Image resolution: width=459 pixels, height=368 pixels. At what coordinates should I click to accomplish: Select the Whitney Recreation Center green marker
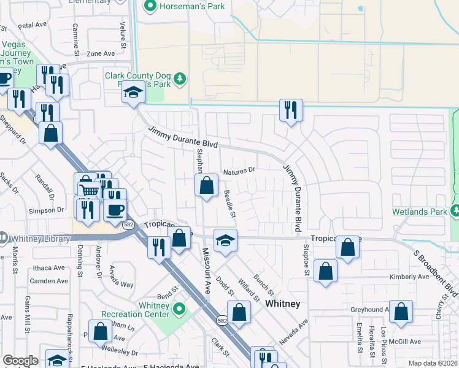point(179,308)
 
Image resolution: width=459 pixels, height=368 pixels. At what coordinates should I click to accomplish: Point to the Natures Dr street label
point(238,172)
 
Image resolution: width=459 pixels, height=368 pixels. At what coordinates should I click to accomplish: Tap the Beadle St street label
point(229,203)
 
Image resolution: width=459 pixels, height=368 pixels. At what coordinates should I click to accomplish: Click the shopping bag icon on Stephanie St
point(207,185)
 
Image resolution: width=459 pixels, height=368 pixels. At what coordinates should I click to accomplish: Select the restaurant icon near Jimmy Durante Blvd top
point(289,110)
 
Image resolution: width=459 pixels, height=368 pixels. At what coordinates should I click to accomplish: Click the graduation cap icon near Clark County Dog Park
point(132,93)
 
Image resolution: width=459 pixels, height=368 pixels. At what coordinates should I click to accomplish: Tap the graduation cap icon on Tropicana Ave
point(225,240)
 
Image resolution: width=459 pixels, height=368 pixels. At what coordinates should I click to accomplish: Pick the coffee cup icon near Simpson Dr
point(114,210)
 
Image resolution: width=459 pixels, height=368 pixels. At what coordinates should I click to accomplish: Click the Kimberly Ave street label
point(410,277)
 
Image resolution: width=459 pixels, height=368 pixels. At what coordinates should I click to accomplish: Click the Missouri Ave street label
point(207,270)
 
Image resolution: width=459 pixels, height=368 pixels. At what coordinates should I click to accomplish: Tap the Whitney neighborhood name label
point(282,304)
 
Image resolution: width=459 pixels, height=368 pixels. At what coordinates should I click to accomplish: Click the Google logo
point(20,361)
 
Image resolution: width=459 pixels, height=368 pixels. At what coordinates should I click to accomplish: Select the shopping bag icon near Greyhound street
point(401,311)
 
